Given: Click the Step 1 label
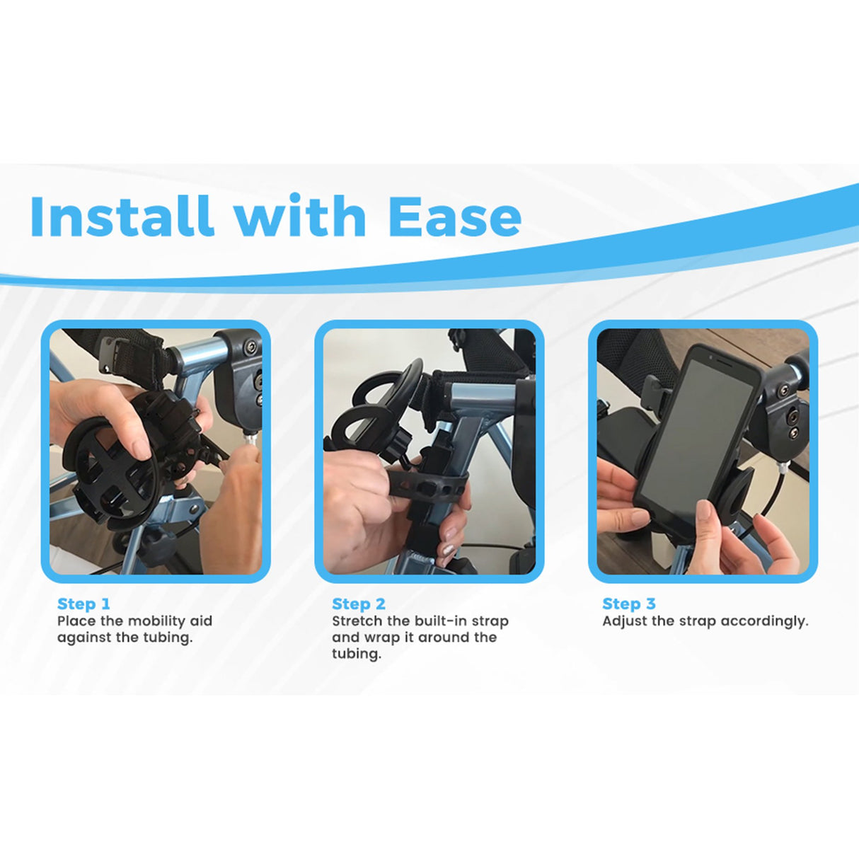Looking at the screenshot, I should pyautogui.click(x=83, y=604).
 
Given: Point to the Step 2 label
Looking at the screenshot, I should pyautogui.click(x=359, y=604).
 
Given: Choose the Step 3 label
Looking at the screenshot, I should pyautogui.click(x=629, y=604).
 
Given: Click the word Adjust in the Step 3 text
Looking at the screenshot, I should pyautogui.click(x=624, y=621).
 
